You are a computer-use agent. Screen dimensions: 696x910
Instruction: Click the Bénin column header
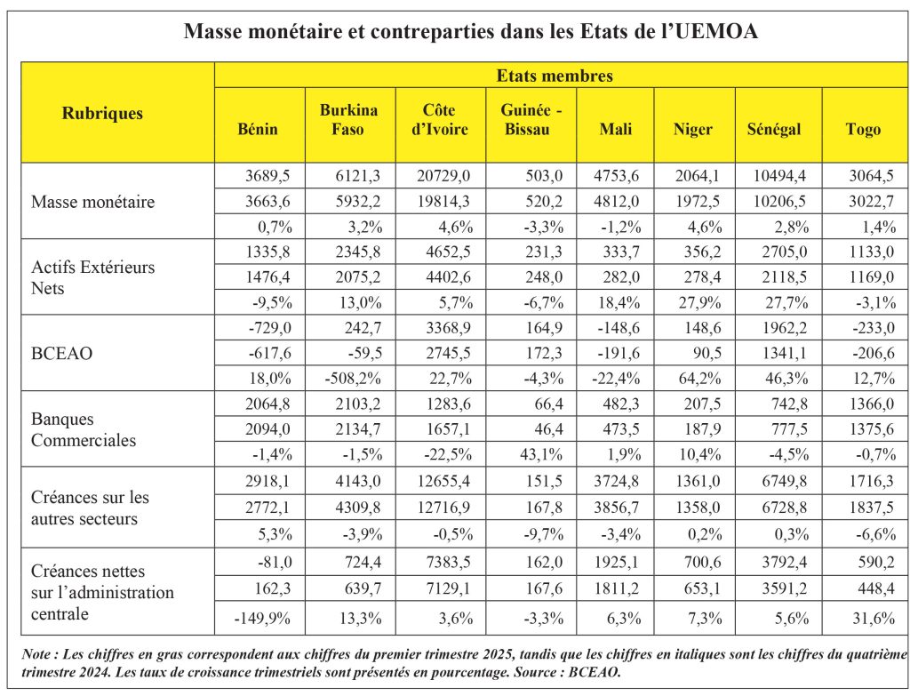(x=258, y=129)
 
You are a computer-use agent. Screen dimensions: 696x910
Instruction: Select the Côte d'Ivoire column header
(x=439, y=120)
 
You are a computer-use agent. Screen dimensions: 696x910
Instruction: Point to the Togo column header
(x=863, y=129)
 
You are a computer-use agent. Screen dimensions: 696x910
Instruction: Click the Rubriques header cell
(x=102, y=113)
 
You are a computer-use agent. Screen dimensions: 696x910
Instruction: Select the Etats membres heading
(x=554, y=76)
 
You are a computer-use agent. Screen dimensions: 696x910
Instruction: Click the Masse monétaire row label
(x=92, y=202)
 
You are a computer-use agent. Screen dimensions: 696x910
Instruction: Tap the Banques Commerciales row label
(x=84, y=429)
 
